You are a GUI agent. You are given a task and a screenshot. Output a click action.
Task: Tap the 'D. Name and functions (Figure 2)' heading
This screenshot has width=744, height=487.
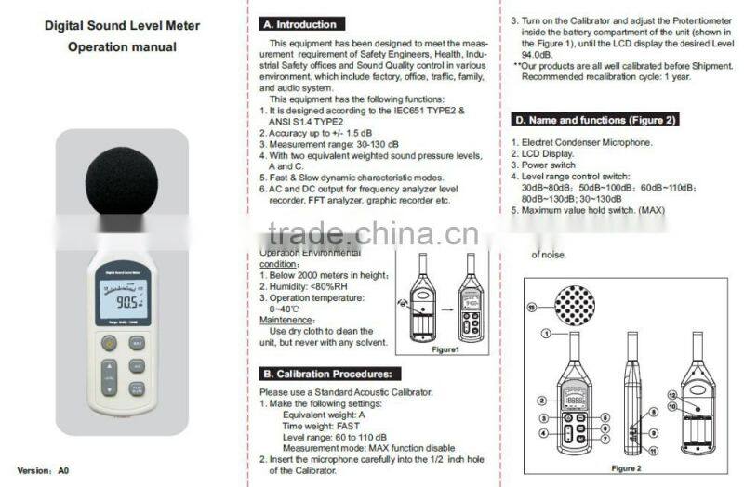593,120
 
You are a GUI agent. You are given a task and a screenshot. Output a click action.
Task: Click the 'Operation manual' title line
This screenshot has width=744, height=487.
122,46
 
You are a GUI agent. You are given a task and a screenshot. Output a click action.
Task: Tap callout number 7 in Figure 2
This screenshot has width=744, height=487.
605,436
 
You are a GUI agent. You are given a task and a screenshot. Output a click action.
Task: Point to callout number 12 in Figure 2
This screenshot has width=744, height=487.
671,395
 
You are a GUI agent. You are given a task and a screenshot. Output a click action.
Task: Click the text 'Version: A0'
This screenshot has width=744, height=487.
45,470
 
